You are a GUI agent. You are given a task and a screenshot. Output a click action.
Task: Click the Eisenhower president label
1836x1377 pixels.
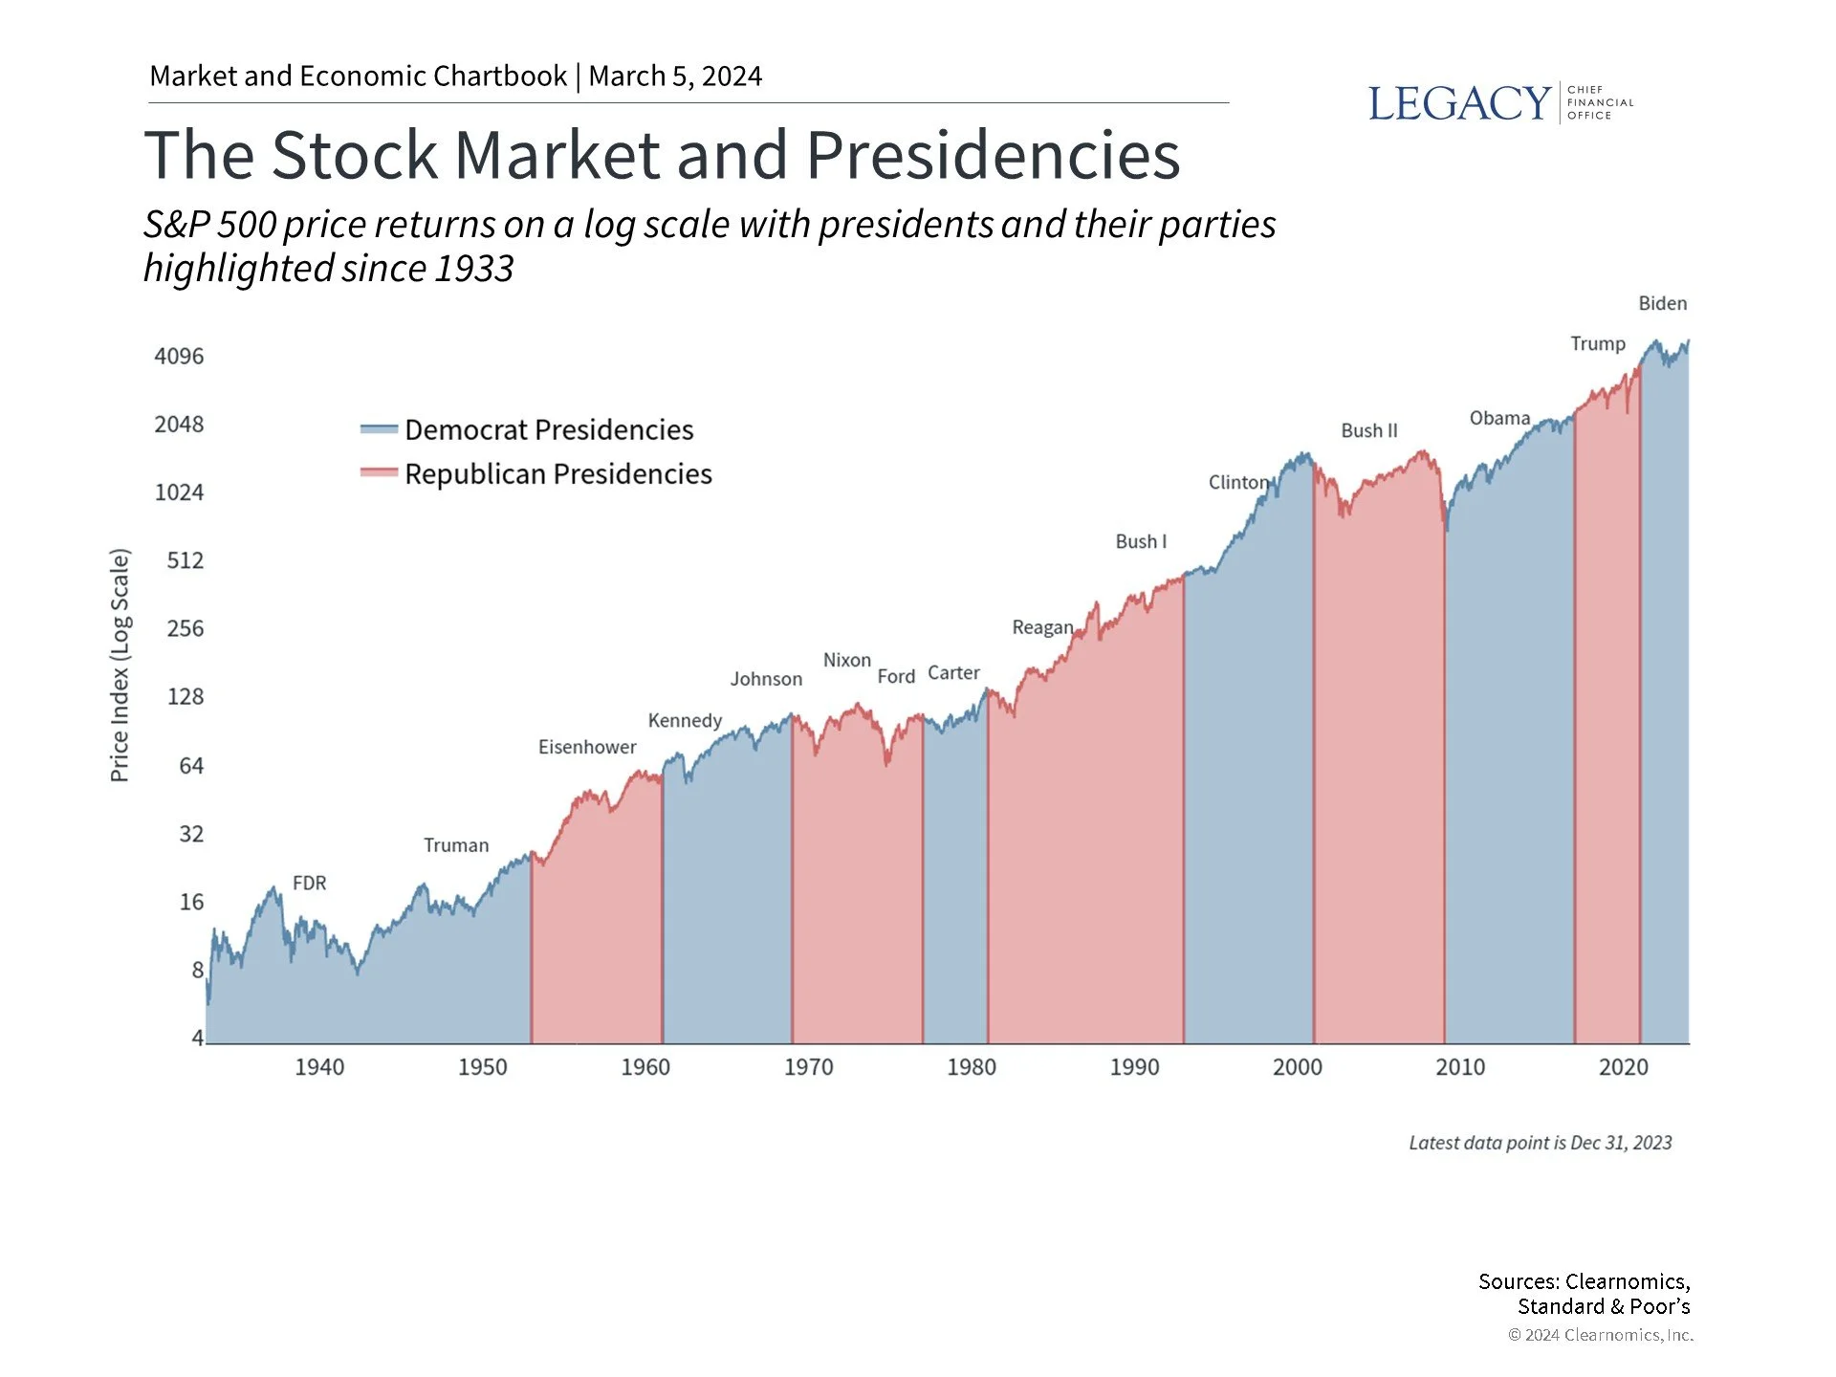586,747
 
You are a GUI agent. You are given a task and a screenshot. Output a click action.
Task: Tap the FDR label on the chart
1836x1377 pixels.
309,883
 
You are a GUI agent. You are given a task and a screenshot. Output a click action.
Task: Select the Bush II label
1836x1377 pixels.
1368,430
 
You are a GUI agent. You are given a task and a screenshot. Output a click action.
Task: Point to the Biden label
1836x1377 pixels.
1662,303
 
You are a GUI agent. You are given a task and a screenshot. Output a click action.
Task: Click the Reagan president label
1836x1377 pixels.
1042,627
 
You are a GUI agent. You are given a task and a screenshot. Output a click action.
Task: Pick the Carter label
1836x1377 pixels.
953,673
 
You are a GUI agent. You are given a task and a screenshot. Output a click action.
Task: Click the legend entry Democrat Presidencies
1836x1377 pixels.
548,429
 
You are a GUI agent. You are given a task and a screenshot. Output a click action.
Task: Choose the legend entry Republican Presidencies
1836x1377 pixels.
557,473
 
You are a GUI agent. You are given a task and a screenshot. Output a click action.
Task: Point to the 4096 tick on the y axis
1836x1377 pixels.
179,356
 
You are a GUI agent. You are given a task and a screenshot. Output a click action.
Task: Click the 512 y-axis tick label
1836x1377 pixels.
185,560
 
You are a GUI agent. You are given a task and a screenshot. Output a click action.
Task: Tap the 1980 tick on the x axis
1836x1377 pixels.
971,1067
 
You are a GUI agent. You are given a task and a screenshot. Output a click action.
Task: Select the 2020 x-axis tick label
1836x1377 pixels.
1623,1067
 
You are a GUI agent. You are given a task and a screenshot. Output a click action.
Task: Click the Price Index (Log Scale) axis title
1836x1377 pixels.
120,665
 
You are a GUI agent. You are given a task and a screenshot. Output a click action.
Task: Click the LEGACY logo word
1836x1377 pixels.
1458,103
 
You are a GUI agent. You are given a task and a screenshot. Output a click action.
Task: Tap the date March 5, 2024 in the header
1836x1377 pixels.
675,76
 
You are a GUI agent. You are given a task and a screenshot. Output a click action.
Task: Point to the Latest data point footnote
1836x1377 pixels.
1540,1143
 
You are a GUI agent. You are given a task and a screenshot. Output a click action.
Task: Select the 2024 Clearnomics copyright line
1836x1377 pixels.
1600,1335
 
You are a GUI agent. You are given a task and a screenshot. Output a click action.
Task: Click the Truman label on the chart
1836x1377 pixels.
456,845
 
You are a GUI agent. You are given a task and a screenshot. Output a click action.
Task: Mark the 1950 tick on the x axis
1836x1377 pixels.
482,1067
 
